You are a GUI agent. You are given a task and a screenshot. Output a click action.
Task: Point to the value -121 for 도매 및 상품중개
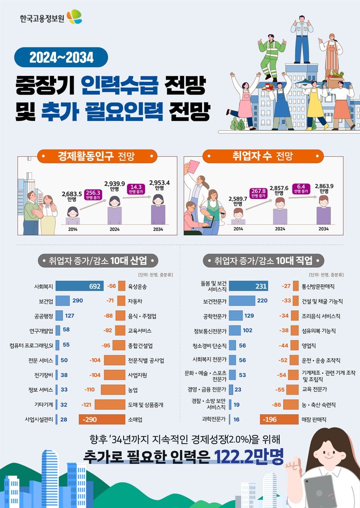coord(86,405)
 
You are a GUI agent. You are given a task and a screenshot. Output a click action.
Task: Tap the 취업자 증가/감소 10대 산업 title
coord(98,260)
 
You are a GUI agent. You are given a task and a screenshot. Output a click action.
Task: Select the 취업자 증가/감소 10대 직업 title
coord(264,260)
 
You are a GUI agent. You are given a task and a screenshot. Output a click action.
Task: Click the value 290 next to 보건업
coord(77,301)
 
